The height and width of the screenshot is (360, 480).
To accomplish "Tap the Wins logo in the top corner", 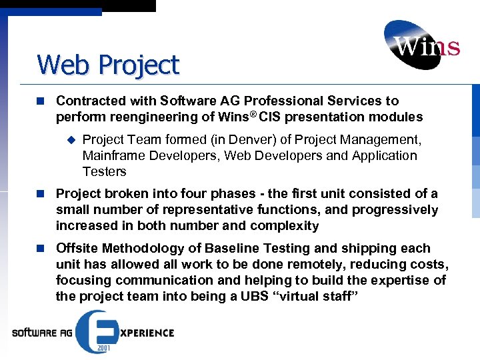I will point(421,45).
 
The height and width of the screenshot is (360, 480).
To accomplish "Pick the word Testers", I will point(104,172).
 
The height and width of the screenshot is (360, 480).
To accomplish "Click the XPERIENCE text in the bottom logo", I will point(145,332).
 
